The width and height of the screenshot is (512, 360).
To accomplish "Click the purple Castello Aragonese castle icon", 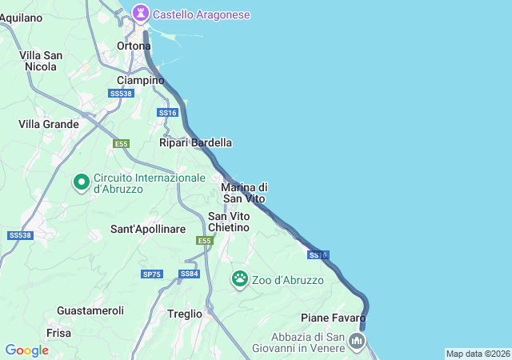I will coord(142,14).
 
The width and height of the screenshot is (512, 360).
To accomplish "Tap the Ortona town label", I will coord(134,46).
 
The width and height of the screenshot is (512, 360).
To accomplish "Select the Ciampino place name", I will coord(140,80).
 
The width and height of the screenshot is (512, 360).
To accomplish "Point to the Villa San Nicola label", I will coord(42,61).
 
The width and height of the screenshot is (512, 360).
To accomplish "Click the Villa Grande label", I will coord(49,124).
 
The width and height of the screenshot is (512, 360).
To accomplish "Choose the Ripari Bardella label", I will coord(195,142).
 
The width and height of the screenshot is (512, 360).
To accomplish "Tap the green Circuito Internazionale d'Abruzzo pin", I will coord(81,182).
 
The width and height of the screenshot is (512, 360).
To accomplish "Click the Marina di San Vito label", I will coord(244,192).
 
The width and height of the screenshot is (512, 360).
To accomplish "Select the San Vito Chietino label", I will coord(229,222).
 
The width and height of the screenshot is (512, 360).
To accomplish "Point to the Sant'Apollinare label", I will coord(148,229).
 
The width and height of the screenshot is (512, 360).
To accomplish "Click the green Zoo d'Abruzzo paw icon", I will coord(240,279).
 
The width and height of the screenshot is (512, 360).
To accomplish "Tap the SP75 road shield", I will coord(151,274).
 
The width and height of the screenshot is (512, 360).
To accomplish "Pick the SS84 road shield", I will coord(190,274).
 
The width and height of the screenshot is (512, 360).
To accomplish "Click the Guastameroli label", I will coord(90,310).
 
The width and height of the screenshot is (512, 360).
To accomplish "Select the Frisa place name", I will coord(59,332).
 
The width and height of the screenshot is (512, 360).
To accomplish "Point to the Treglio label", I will coord(185,314).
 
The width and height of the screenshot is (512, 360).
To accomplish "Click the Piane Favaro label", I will coord(334,318).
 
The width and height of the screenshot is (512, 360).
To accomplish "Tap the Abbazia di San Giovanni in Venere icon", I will coord(357,342).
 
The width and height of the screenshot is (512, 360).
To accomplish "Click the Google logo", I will coord(26,350).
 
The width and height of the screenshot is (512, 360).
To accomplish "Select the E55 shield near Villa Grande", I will coord(121,143).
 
